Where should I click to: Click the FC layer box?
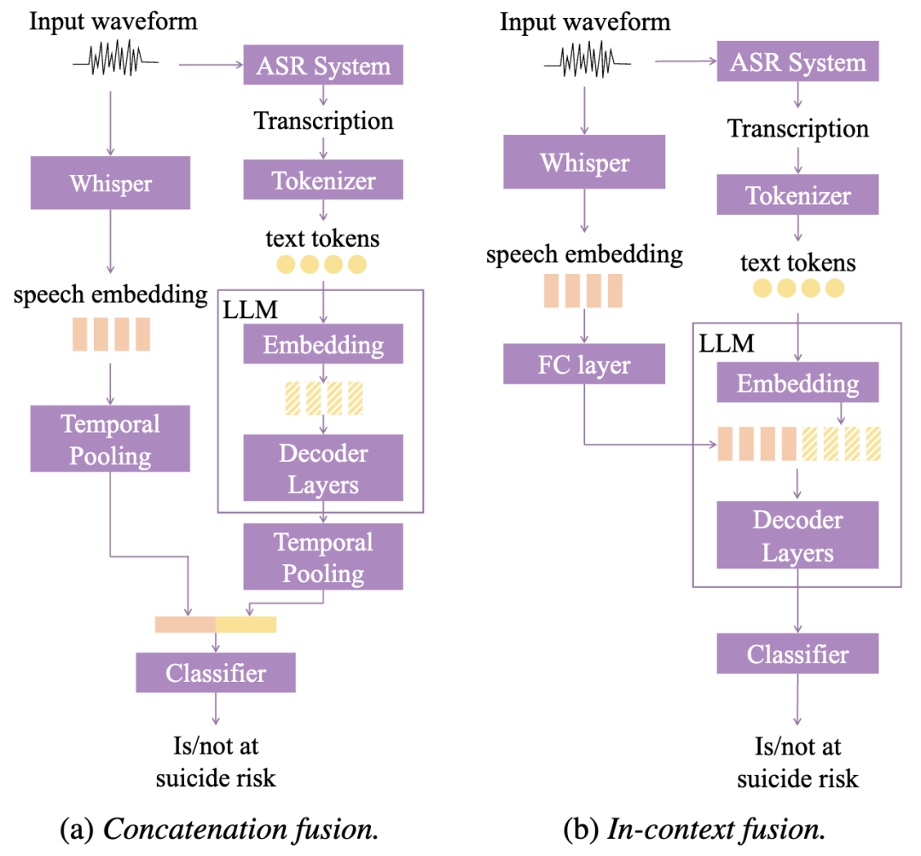point(583,365)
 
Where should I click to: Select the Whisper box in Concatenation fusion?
point(110,183)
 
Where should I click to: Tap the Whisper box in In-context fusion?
point(584,162)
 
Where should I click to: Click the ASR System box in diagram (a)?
point(323,66)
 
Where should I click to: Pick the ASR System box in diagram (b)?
point(797,61)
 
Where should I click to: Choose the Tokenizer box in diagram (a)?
point(323,180)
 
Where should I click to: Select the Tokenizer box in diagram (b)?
point(797,195)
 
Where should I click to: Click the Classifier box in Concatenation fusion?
point(216,673)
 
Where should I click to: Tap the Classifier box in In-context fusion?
point(797,655)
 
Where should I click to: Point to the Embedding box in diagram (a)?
point(323,345)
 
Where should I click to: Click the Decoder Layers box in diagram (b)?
point(797,536)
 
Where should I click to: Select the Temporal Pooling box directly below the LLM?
point(323,557)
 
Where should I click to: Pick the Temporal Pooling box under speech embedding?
point(110,439)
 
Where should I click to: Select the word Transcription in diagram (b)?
point(797,129)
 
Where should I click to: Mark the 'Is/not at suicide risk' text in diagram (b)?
point(797,762)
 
